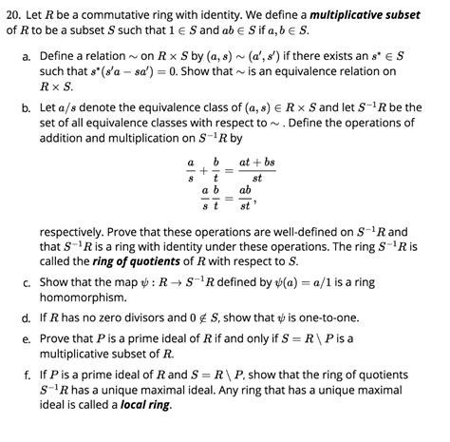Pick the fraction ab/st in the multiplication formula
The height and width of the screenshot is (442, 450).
245,198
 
